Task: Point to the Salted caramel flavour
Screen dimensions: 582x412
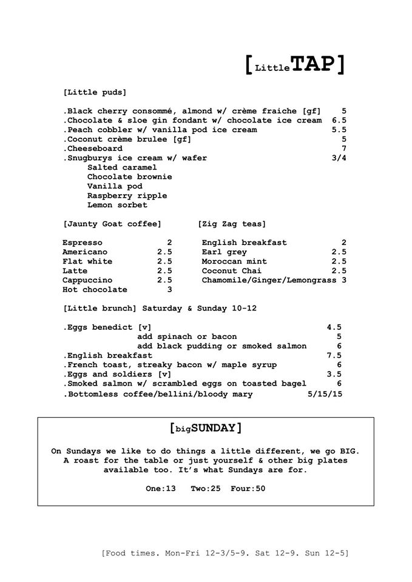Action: [x=122, y=167]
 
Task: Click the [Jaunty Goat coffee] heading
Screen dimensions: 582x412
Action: [x=112, y=224]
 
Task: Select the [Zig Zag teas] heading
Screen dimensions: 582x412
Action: [x=231, y=224]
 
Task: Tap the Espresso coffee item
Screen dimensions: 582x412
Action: [x=83, y=242]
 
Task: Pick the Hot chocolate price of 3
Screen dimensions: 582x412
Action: [x=169, y=290]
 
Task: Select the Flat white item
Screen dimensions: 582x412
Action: [x=87, y=261]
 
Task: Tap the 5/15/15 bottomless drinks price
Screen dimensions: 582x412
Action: [x=325, y=394]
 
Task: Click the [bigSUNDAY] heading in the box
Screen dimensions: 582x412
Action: [x=206, y=428]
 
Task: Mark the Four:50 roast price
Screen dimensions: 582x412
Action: [x=248, y=488]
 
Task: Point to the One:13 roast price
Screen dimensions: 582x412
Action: [x=161, y=488]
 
